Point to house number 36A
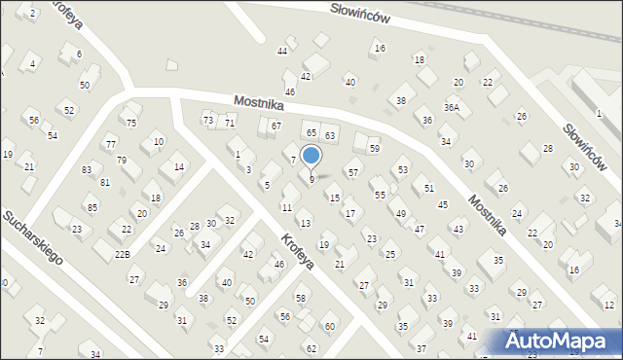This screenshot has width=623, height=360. (452, 108)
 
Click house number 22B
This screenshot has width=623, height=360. (122, 254)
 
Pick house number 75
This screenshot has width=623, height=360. (131, 123)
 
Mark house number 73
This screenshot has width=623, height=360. (207, 119)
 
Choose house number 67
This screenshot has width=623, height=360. (275, 126)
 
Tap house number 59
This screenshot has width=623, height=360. (374, 148)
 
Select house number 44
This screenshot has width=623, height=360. (282, 51)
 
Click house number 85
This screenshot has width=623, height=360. (92, 207)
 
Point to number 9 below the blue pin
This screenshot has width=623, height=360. (311, 179)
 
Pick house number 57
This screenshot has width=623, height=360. (353, 172)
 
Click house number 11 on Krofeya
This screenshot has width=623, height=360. (286, 207)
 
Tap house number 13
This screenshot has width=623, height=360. (305, 224)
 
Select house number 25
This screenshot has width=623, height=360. (390, 254)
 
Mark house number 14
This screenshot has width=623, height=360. (178, 166)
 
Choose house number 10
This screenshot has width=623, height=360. (159, 142)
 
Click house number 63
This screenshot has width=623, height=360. (330, 134)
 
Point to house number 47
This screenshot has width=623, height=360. (420, 230)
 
